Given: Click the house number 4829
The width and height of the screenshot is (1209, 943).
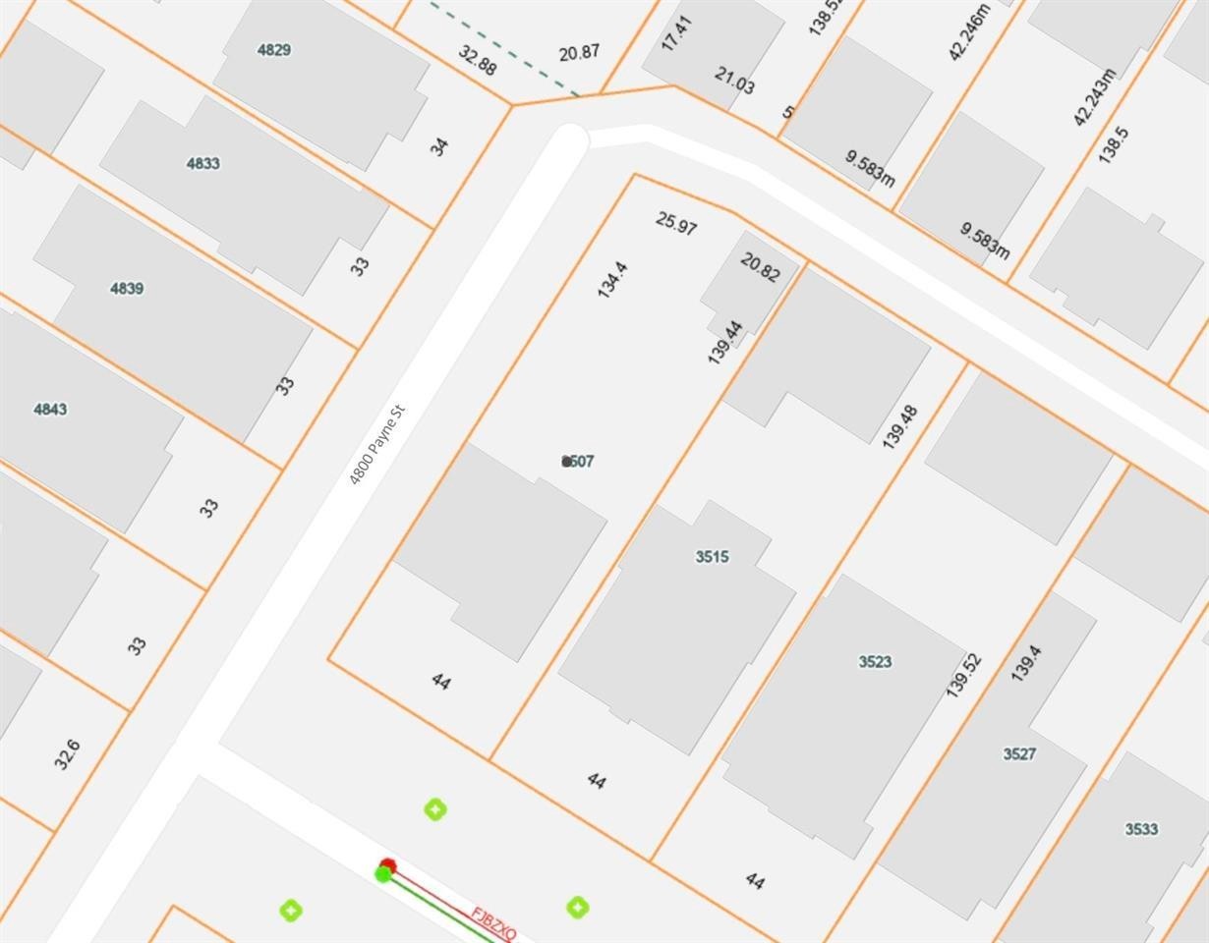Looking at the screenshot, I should coord(274,50).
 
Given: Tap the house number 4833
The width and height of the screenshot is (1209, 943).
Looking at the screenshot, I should coord(203,163).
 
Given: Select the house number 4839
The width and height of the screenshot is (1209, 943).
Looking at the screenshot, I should coord(127,288).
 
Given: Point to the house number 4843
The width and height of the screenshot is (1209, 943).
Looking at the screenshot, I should coord(50,409).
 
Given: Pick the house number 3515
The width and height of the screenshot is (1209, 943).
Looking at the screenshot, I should coord(712,557).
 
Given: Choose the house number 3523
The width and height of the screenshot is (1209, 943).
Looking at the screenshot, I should coord(875,661).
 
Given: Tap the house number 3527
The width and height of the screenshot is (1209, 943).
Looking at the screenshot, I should coord(1019,753).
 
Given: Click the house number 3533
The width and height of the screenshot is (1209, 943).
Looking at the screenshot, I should coord(1141,828).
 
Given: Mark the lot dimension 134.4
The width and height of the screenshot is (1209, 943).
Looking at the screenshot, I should coord(611,280).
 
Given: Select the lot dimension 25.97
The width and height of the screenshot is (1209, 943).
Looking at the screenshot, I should coord(676,223).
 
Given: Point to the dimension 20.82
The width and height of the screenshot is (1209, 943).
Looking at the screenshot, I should coord(760,266).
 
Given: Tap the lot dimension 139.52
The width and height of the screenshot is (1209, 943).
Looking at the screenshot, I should coord(963,674).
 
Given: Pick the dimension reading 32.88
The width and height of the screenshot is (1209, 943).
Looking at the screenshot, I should coord(477,61).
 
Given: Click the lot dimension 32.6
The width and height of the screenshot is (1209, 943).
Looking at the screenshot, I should coord(67,754).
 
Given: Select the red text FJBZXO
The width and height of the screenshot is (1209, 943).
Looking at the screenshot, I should coord(493,924).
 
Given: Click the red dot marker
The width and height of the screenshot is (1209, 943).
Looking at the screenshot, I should coord(387,865).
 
